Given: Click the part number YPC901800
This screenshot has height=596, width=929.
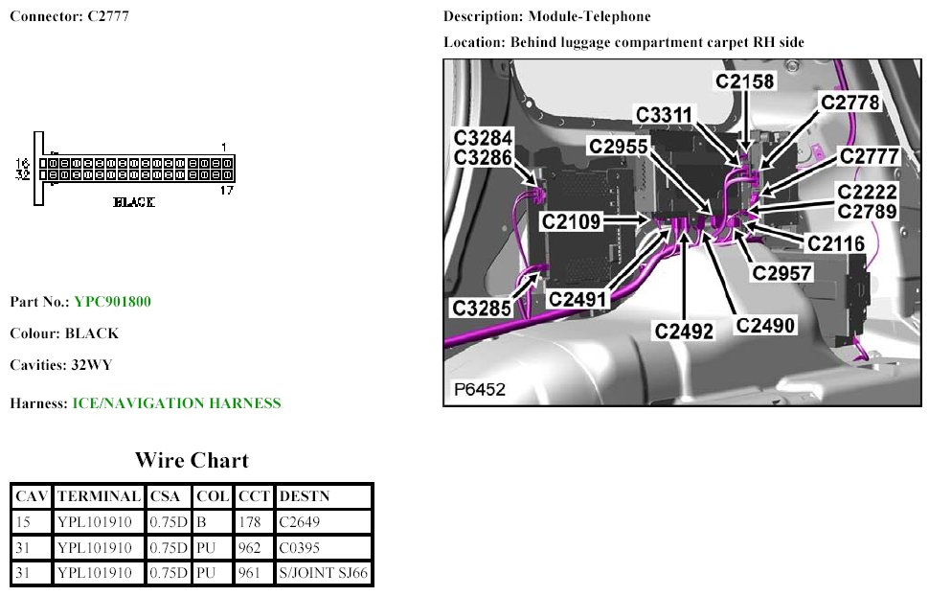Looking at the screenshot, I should [112, 302].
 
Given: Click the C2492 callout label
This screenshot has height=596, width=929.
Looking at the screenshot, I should [685, 332].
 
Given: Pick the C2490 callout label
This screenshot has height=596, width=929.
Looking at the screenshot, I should [765, 325].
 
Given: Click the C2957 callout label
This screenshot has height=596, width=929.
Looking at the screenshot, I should [782, 273].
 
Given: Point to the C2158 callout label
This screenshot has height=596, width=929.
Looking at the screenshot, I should [745, 81].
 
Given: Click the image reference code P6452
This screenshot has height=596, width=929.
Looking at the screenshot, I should [479, 390].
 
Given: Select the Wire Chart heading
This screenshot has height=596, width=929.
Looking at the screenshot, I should [192, 461].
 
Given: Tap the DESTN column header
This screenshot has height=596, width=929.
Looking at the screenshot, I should [303, 496].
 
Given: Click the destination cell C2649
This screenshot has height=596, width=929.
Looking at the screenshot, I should [300, 522].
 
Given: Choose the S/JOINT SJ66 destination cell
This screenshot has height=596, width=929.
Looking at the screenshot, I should [323, 574].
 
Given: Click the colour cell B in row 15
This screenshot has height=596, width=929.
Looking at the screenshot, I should [201, 522].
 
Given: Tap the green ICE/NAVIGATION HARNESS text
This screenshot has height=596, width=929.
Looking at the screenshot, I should [177, 403].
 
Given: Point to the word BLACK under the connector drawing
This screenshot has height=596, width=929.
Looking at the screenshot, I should [134, 202].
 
